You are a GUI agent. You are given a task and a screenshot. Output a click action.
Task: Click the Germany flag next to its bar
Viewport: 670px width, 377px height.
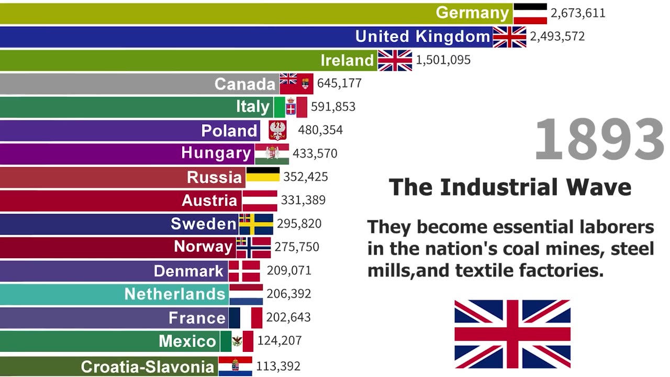[x=530, y=13]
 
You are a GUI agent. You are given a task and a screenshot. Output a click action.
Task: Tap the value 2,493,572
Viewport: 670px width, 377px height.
[x=557, y=37]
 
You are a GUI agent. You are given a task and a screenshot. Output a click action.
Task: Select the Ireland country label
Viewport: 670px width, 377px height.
[x=347, y=60]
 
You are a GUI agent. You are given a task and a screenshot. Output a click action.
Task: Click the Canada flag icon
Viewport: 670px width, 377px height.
[x=296, y=83]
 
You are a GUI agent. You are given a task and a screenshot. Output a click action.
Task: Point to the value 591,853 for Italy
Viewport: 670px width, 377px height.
[x=333, y=107]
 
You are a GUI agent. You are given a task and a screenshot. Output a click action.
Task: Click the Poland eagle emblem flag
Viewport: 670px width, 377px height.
[x=277, y=130]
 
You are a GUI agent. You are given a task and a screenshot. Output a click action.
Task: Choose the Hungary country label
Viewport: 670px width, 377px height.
[x=216, y=153]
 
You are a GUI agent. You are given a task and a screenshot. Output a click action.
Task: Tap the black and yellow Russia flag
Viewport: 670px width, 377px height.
[x=263, y=176]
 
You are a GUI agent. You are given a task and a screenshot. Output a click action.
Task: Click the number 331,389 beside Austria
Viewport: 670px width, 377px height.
[x=303, y=200]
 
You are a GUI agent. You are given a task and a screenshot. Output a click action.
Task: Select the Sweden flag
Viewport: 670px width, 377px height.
[x=256, y=224]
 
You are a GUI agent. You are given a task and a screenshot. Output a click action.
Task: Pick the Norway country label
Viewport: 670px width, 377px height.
[x=203, y=247]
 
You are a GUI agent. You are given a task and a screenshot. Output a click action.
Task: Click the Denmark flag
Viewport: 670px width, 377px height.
[x=244, y=271]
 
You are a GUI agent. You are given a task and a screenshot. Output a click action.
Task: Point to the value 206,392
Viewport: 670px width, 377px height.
[x=288, y=294]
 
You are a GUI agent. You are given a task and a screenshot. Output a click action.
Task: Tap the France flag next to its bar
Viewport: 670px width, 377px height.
[x=245, y=318]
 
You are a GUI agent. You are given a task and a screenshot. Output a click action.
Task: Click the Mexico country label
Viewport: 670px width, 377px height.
[x=187, y=341]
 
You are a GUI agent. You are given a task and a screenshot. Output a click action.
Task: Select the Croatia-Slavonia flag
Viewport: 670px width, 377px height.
[x=235, y=365]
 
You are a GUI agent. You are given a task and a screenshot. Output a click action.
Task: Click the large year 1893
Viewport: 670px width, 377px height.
[x=599, y=140]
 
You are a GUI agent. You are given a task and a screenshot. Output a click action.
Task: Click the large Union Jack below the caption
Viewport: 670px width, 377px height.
[x=512, y=334]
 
